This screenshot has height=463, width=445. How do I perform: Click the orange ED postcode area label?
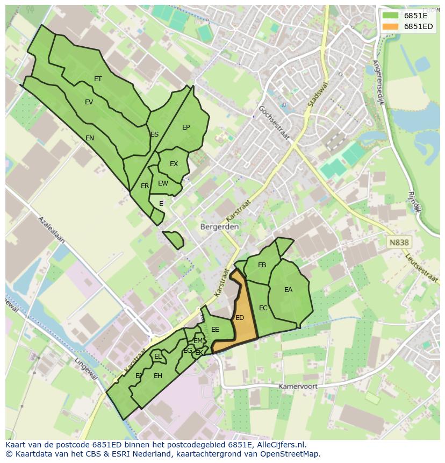[240, 318]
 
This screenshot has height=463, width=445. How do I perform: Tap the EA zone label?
[289, 290]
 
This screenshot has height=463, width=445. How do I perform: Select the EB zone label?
[262, 265]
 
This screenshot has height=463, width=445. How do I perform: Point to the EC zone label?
[263, 308]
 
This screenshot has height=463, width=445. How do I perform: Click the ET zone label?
[98, 79]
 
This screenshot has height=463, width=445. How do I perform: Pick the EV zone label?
[89, 102]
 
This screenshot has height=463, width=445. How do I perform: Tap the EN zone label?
[90, 138]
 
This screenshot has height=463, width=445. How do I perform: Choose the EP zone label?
[186, 127]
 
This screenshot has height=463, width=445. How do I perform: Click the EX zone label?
[174, 164]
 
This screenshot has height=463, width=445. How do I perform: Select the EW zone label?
[163, 183]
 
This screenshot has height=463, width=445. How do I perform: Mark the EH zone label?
[158, 376]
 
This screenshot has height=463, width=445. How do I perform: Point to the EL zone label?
[157, 357]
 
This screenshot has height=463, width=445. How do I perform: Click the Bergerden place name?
[219, 227]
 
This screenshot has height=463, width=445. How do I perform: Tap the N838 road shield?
[399, 243]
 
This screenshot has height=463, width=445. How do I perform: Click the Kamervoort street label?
[298, 387]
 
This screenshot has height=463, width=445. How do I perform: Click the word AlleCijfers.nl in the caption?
[280, 445]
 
